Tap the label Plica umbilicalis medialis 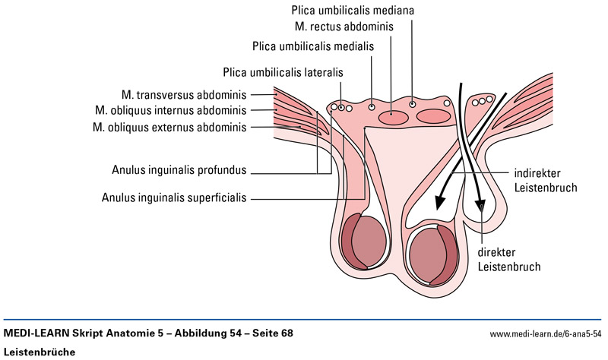313,46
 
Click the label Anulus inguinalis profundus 178,170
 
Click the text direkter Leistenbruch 509,259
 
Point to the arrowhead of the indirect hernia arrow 439,203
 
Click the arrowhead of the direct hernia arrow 480,207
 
